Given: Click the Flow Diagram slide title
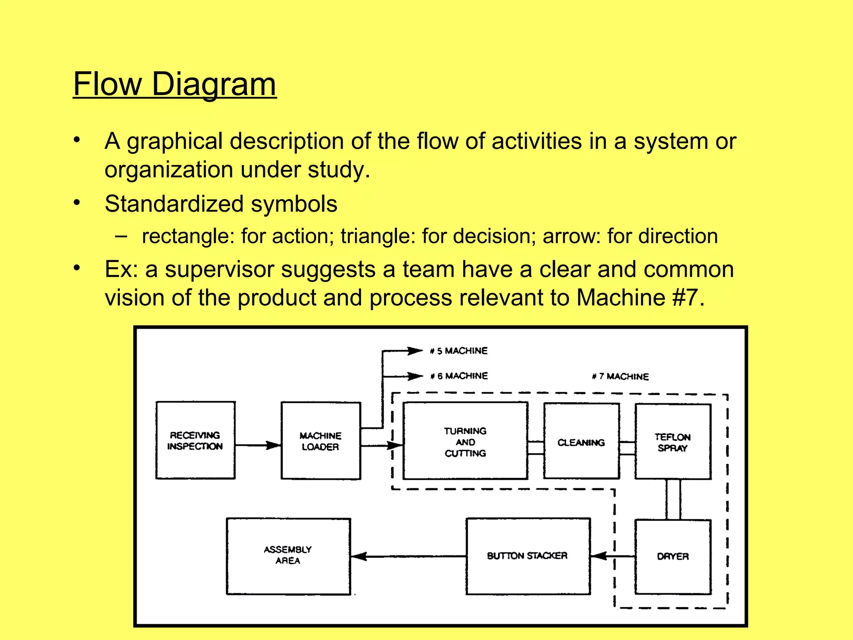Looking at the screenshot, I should [x=175, y=84].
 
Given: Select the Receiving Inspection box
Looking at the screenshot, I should [x=195, y=440].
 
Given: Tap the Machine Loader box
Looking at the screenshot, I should [x=320, y=441].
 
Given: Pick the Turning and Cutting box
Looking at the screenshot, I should [x=465, y=441].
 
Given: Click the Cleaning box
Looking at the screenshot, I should [x=581, y=442].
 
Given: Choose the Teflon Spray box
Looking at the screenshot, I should [x=672, y=442].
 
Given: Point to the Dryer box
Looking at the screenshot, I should [x=673, y=556].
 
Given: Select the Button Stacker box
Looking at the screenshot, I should [x=527, y=556].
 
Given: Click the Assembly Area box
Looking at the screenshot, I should [x=288, y=555].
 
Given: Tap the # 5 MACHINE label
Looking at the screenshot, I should [x=459, y=351].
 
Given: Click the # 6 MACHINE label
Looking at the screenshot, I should [x=459, y=376].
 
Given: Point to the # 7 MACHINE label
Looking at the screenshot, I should [x=620, y=377].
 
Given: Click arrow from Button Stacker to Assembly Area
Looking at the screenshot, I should [x=408, y=556].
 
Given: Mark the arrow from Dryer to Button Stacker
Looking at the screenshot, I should [x=612, y=556].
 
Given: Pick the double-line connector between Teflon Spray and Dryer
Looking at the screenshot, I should [x=673, y=499].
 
